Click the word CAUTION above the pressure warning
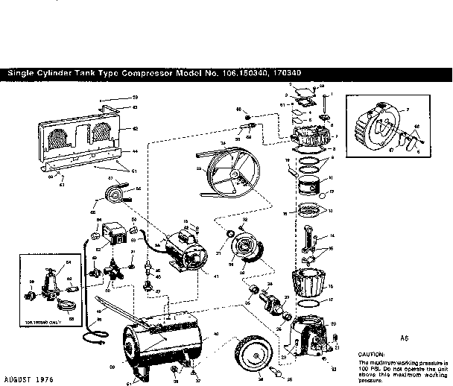[372, 354]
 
